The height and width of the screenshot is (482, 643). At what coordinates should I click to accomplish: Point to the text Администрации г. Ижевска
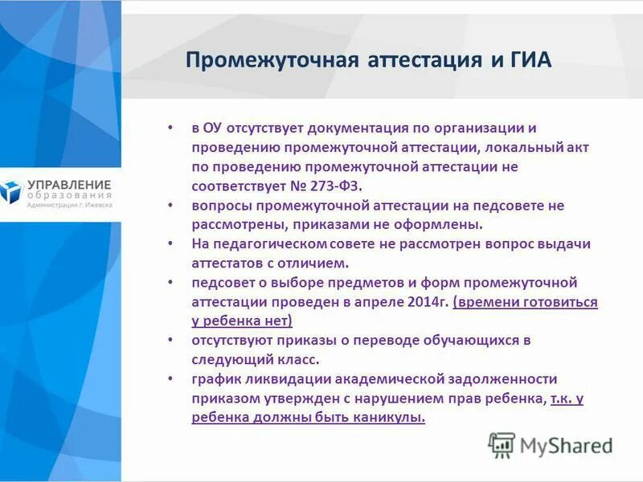point(69,205)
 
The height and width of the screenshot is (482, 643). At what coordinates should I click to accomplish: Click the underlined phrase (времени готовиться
point(525,302)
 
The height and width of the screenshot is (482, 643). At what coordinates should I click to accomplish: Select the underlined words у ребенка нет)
point(242,321)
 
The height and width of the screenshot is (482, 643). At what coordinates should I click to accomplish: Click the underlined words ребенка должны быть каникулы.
point(309,418)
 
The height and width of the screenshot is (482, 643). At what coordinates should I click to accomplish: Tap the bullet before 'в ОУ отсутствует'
point(170,129)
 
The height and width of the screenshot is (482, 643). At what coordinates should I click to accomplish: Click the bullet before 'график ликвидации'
point(170,379)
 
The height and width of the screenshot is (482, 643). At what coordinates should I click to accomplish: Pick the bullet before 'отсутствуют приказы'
point(170,341)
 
